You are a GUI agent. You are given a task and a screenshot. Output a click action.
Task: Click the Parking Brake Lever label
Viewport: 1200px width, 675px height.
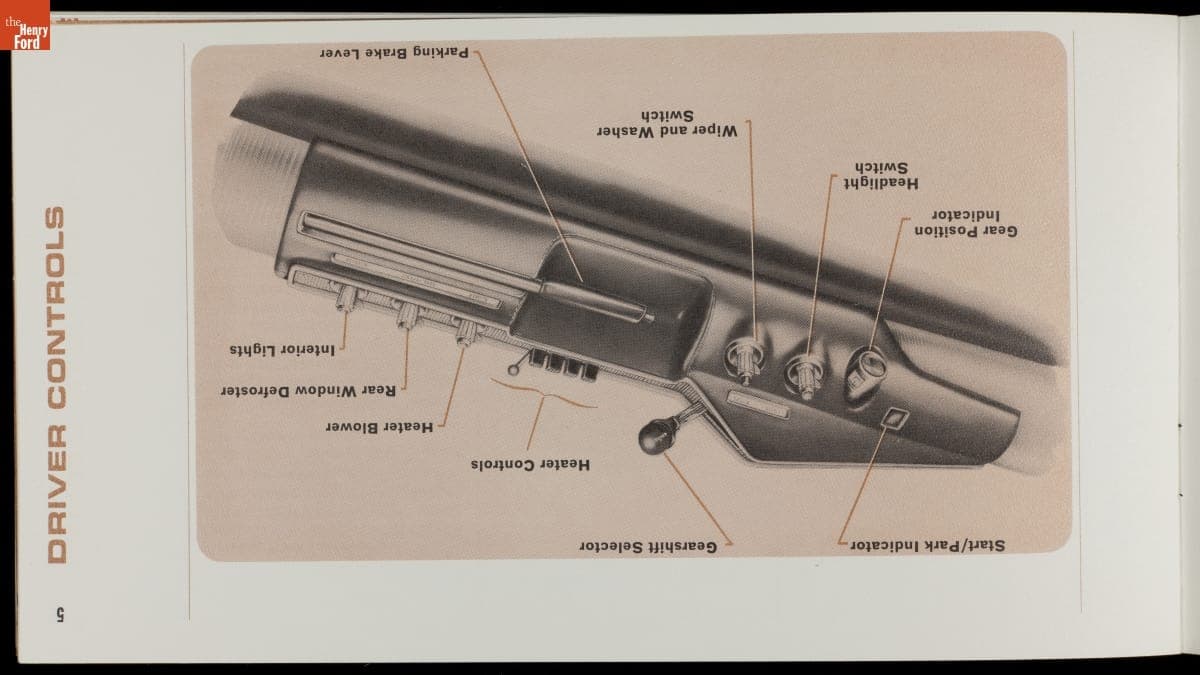[394, 52]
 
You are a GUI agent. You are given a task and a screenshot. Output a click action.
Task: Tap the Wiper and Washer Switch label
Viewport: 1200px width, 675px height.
[667, 124]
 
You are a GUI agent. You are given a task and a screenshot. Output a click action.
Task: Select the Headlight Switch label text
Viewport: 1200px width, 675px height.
[881, 175]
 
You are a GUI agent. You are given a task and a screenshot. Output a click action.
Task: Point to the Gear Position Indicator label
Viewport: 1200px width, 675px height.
[965, 223]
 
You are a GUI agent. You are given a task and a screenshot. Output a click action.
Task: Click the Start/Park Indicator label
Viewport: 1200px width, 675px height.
[927, 545]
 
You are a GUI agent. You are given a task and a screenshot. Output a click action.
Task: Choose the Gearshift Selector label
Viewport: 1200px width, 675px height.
[648, 547]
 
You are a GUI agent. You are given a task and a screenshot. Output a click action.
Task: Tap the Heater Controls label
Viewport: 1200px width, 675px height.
[530, 464]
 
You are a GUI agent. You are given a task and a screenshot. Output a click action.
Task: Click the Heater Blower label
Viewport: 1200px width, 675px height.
[379, 427]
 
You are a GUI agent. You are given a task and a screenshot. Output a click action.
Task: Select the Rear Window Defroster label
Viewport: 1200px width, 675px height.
[309, 391]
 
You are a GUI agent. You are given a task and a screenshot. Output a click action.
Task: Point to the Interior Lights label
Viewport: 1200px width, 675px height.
[282, 350]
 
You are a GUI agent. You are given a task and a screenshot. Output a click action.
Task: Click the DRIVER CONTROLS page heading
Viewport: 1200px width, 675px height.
[56, 385]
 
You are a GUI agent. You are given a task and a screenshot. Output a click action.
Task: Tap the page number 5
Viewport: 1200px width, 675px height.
[61, 614]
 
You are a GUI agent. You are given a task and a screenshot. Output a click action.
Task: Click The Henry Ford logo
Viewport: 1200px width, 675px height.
[25, 25]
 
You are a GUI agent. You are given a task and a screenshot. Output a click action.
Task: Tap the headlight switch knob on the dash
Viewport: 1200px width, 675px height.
[806, 376]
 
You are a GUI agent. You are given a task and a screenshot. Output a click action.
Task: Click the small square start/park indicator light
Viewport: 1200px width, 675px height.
[895, 418]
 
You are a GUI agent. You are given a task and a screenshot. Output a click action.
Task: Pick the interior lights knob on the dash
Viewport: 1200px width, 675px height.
[346, 298]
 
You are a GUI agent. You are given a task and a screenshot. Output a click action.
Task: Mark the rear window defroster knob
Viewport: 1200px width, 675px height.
[407, 315]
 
